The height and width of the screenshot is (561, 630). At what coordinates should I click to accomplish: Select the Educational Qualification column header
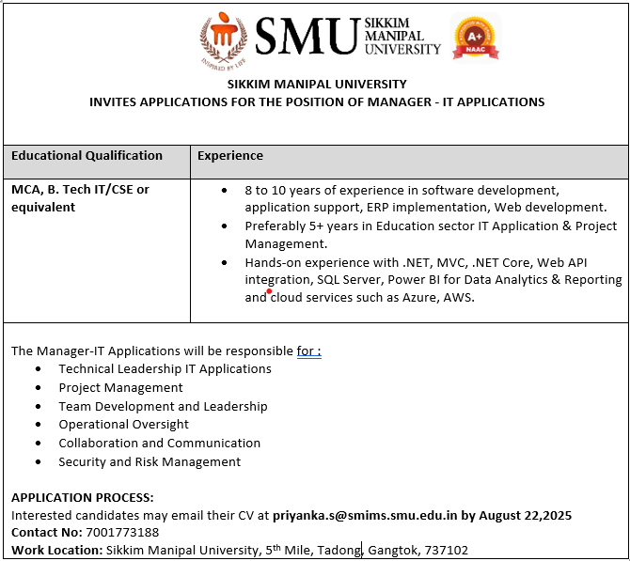(x=87, y=156)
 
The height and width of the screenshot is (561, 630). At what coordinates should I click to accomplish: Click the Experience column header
(x=230, y=156)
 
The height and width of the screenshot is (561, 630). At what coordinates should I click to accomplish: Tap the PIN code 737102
(x=447, y=551)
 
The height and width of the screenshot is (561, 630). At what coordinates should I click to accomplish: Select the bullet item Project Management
(x=120, y=387)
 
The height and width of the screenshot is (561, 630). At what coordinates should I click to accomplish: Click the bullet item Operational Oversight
(x=123, y=425)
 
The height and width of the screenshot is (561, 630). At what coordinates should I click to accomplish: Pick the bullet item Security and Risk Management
(x=150, y=461)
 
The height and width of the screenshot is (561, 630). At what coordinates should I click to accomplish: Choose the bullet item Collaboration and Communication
(x=159, y=443)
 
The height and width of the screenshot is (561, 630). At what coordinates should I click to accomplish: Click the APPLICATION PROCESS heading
(x=82, y=497)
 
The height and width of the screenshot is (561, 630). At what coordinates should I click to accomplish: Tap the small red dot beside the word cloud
(x=269, y=291)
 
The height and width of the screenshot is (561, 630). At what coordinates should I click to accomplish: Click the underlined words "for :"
(x=309, y=351)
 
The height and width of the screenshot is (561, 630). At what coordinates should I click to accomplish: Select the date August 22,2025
(x=525, y=515)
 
